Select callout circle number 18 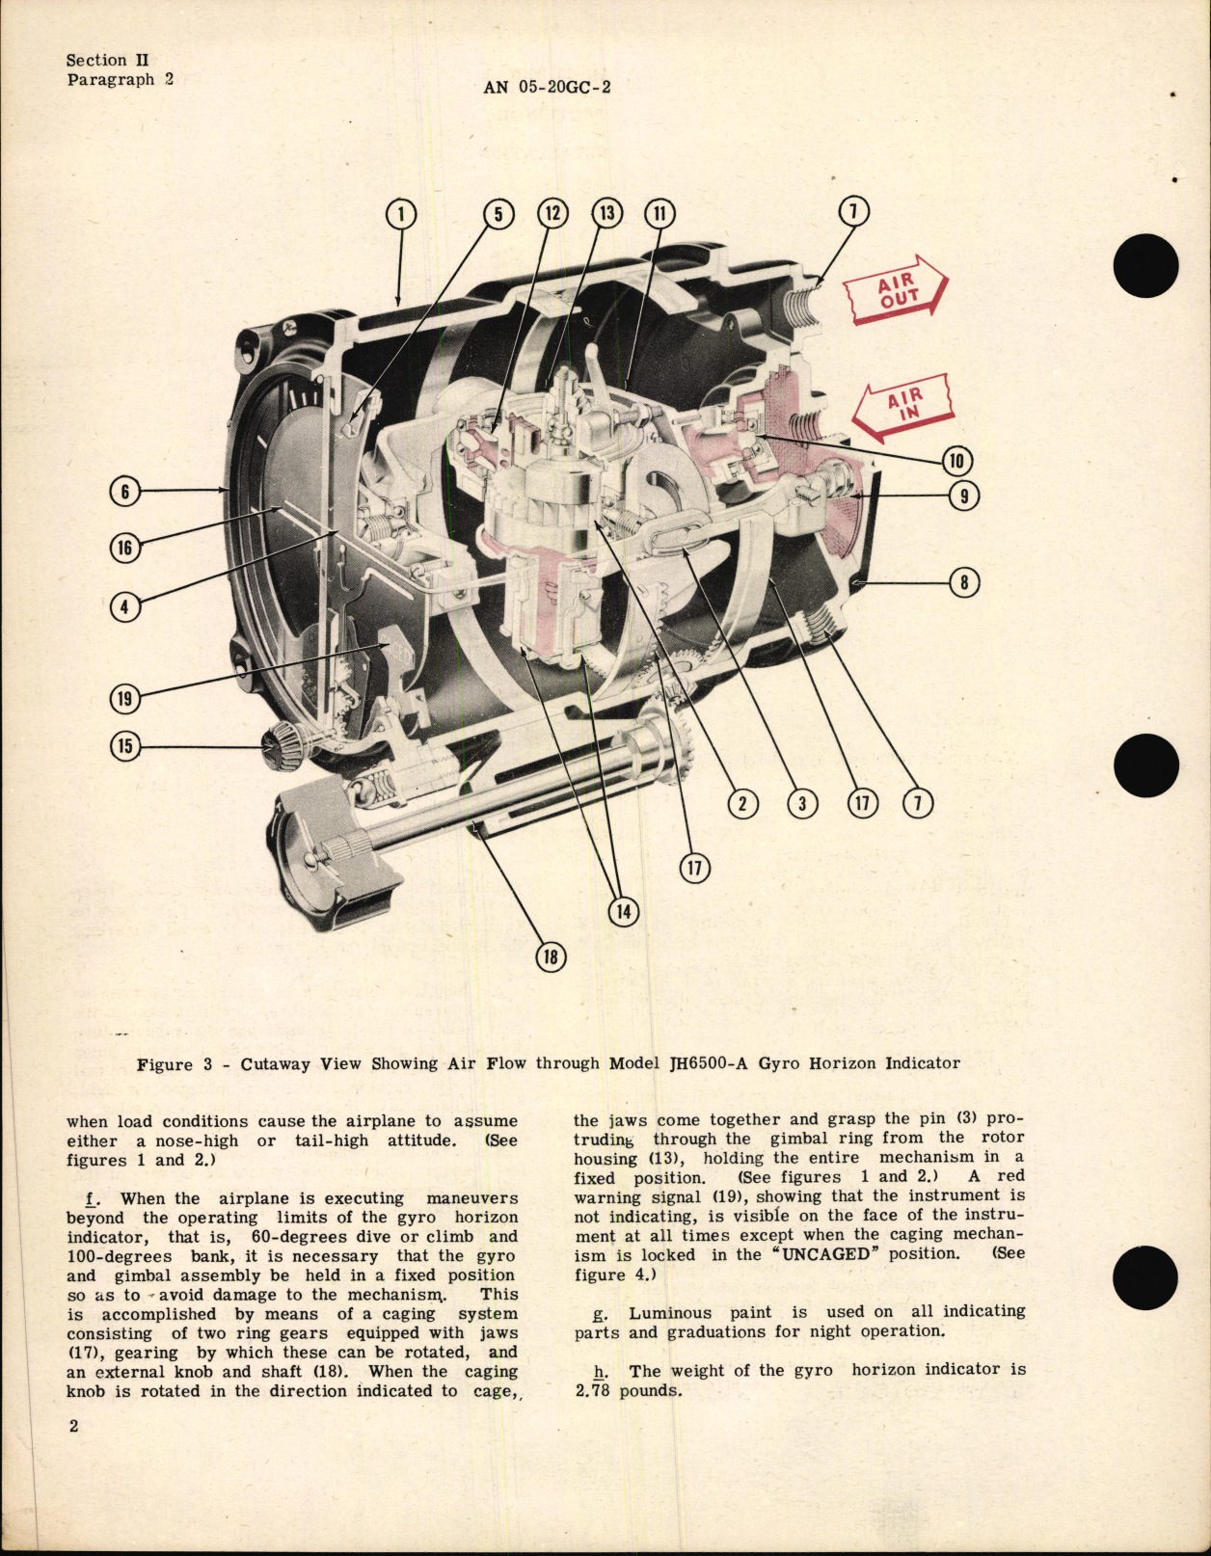click(551, 956)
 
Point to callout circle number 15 click(124, 745)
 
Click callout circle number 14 click(624, 911)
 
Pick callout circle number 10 click(955, 461)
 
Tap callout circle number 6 click(124, 492)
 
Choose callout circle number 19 click(124, 698)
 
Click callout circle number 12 click(552, 213)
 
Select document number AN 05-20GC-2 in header click(547, 87)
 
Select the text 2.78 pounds click(627, 1390)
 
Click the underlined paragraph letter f click(90, 1198)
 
